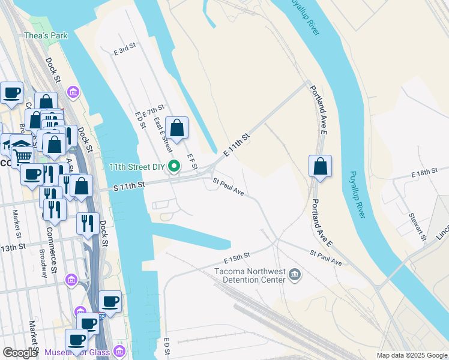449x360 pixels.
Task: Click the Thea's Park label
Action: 46,35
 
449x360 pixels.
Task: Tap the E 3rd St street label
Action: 125,52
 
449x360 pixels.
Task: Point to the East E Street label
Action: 163,134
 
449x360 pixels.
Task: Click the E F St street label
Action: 191,161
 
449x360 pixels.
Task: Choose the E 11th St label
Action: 237,146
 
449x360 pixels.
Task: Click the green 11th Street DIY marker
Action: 175,166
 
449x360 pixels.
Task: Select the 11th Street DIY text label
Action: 137,167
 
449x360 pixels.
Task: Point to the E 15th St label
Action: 237,258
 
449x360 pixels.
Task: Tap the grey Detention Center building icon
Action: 295,275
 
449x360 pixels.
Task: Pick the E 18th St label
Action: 424,173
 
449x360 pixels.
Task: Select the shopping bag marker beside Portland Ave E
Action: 321,166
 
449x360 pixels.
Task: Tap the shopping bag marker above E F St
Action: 176,127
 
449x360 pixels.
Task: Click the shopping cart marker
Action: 23,157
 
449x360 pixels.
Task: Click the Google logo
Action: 20,353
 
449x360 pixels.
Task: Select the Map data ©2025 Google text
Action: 411,355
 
